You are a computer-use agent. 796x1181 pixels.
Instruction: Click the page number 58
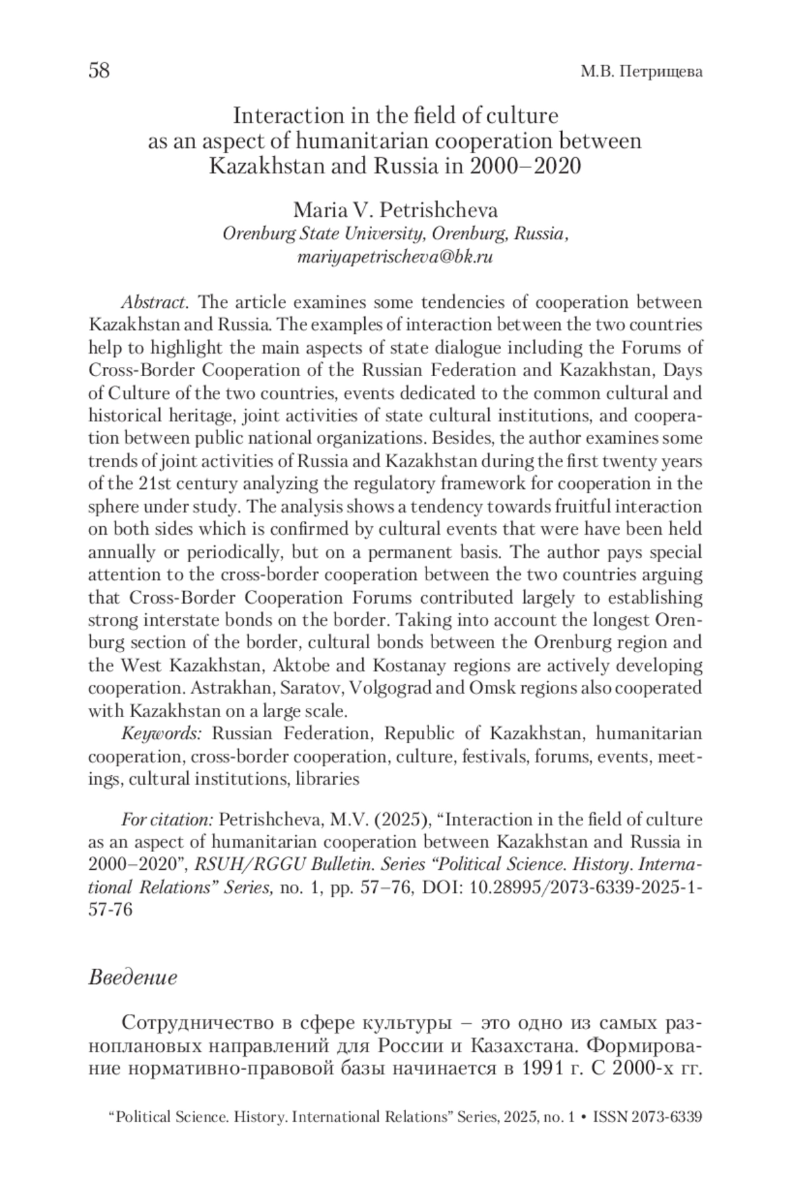[x=99, y=70]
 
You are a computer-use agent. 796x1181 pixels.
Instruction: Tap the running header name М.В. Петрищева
[x=641, y=72]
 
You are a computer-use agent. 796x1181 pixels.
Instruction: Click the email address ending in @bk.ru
[x=395, y=257]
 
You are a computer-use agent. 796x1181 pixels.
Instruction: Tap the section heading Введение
[x=133, y=977]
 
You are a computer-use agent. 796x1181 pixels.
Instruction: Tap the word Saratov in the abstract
[x=311, y=688]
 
